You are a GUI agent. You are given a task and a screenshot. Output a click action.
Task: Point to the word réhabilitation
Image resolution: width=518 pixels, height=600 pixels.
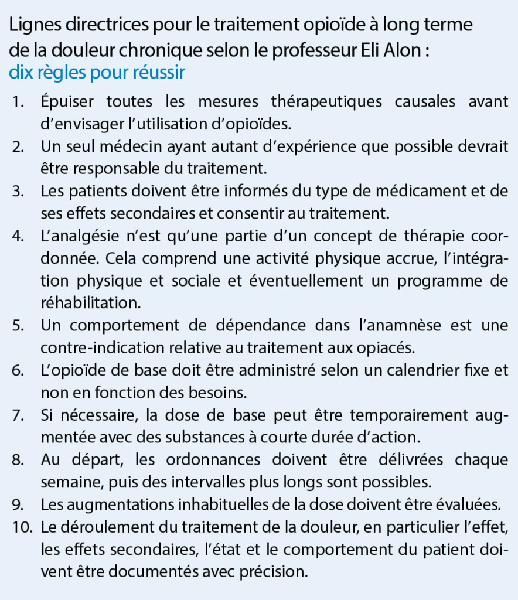point(91,302)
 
